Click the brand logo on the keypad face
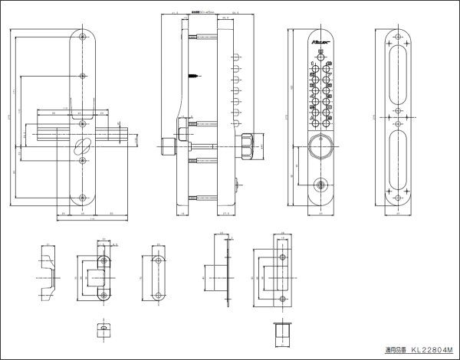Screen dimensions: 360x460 321,37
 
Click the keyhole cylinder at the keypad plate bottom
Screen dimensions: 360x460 320,185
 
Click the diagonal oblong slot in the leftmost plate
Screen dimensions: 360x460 81,146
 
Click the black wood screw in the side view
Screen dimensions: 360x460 193,75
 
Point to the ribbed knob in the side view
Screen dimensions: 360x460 246,144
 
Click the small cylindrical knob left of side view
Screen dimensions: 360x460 167,146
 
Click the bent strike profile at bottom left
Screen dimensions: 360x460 47,273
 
